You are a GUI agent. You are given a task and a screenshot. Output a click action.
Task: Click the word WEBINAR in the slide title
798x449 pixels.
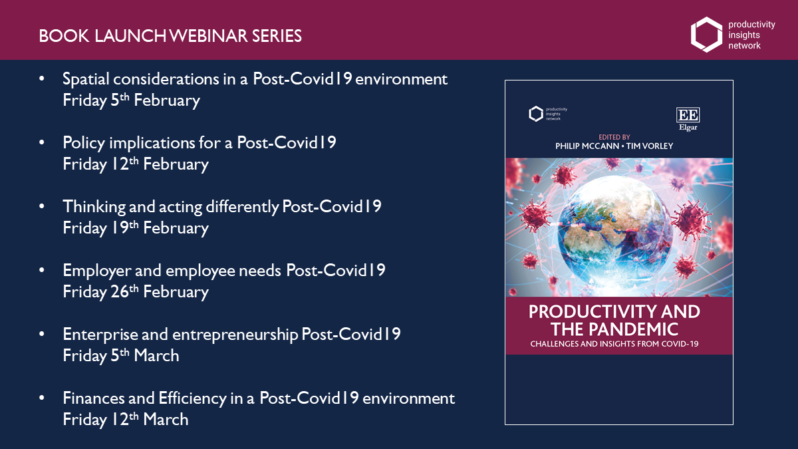[x=208, y=36]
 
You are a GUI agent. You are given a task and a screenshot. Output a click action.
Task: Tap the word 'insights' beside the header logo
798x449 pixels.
[x=744, y=35]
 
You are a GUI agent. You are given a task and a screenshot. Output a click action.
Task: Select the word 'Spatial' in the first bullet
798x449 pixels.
[x=86, y=79]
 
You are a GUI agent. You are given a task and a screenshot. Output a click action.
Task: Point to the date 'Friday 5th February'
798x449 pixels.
[x=131, y=100]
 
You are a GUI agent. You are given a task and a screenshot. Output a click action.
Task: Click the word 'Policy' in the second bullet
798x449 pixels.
[x=84, y=143]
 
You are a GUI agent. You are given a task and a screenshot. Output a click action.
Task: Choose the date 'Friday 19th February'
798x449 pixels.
[x=136, y=228]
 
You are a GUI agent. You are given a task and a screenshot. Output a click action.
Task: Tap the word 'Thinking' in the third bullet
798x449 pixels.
[x=94, y=207]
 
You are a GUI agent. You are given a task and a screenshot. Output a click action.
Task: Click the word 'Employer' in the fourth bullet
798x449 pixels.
[x=97, y=271]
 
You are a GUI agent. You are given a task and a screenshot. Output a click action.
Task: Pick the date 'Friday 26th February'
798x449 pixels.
[x=136, y=292]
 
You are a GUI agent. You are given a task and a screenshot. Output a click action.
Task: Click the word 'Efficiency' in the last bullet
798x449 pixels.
[x=192, y=398]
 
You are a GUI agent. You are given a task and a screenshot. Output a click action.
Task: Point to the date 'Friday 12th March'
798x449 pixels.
[x=126, y=420]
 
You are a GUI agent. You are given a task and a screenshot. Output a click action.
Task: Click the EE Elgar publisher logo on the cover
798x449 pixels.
[x=688, y=119]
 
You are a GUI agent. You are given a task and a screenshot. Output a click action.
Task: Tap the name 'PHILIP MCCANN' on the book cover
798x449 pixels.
[x=587, y=146]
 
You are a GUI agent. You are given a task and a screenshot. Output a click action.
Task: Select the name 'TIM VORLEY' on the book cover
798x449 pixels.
[x=650, y=146]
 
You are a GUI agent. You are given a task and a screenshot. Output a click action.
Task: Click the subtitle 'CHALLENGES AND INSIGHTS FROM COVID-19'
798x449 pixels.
[x=614, y=344]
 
